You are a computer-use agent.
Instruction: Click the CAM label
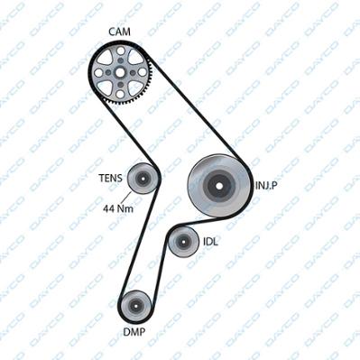[119, 32]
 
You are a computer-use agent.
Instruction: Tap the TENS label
[111, 178]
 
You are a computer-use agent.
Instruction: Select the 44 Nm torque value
[118, 208]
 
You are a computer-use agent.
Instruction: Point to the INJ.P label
[266, 185]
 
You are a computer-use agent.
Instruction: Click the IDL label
[210, 242]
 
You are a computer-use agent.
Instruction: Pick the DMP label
[134, 332]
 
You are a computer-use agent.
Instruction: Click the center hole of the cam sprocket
[120, 72]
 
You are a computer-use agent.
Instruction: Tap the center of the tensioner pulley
[143, 179]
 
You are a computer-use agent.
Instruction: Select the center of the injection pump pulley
[219, 186]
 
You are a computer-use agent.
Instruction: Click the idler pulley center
[183, 242]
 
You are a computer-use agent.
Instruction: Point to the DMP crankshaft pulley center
[135, 306]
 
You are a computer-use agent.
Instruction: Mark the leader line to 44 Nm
[126, 198]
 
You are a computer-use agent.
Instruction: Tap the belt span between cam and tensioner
[129, 134]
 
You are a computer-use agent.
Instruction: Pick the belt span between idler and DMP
[160, 272]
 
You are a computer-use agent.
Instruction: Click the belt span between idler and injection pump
[208, 222]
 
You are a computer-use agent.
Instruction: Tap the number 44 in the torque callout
[108, 208]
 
